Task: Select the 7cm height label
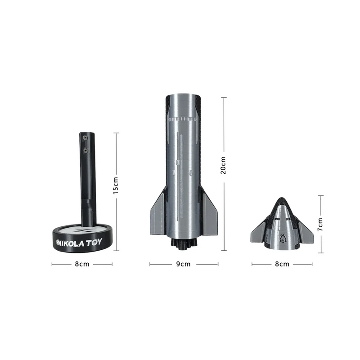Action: [x=320, y=224]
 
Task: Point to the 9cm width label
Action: [x=184, y=264]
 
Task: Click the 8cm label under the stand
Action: [x=82, y=264]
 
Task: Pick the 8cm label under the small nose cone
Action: [x=282, y=264]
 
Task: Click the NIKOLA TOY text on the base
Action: [x=79, y=242]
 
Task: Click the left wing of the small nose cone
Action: [x=259, y=233]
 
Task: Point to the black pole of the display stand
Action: [x=87, y=180]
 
